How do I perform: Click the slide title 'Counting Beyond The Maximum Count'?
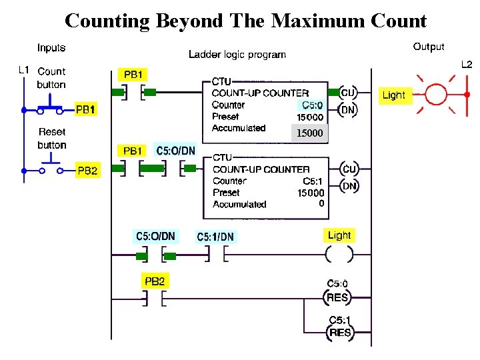tap(245, 21)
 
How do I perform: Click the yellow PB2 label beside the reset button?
tap(88, 171)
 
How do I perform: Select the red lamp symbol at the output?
tap(436, 95)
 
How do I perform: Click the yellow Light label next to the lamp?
tap(393, 95)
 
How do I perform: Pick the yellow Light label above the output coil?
tap(339, 235)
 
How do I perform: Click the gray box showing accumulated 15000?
tap(309, 133)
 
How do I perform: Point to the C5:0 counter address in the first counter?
tap(312, 105)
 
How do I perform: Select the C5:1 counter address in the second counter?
tap(313, 181)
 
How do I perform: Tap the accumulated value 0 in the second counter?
tap(321, 203)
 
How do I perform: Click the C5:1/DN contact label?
tap(215, 237)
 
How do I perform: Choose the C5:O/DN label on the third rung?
tap(155, 236)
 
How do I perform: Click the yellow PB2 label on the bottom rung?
tap(155, 281)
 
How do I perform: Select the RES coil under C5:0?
tap(337, 297)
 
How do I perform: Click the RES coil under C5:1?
tap(340, 333)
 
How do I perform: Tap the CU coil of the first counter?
tap(348, 93)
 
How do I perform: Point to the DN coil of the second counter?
tap(349, 187)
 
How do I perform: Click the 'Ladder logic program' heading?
tap(237, 55)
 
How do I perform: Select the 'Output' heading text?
tap(429, 47)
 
